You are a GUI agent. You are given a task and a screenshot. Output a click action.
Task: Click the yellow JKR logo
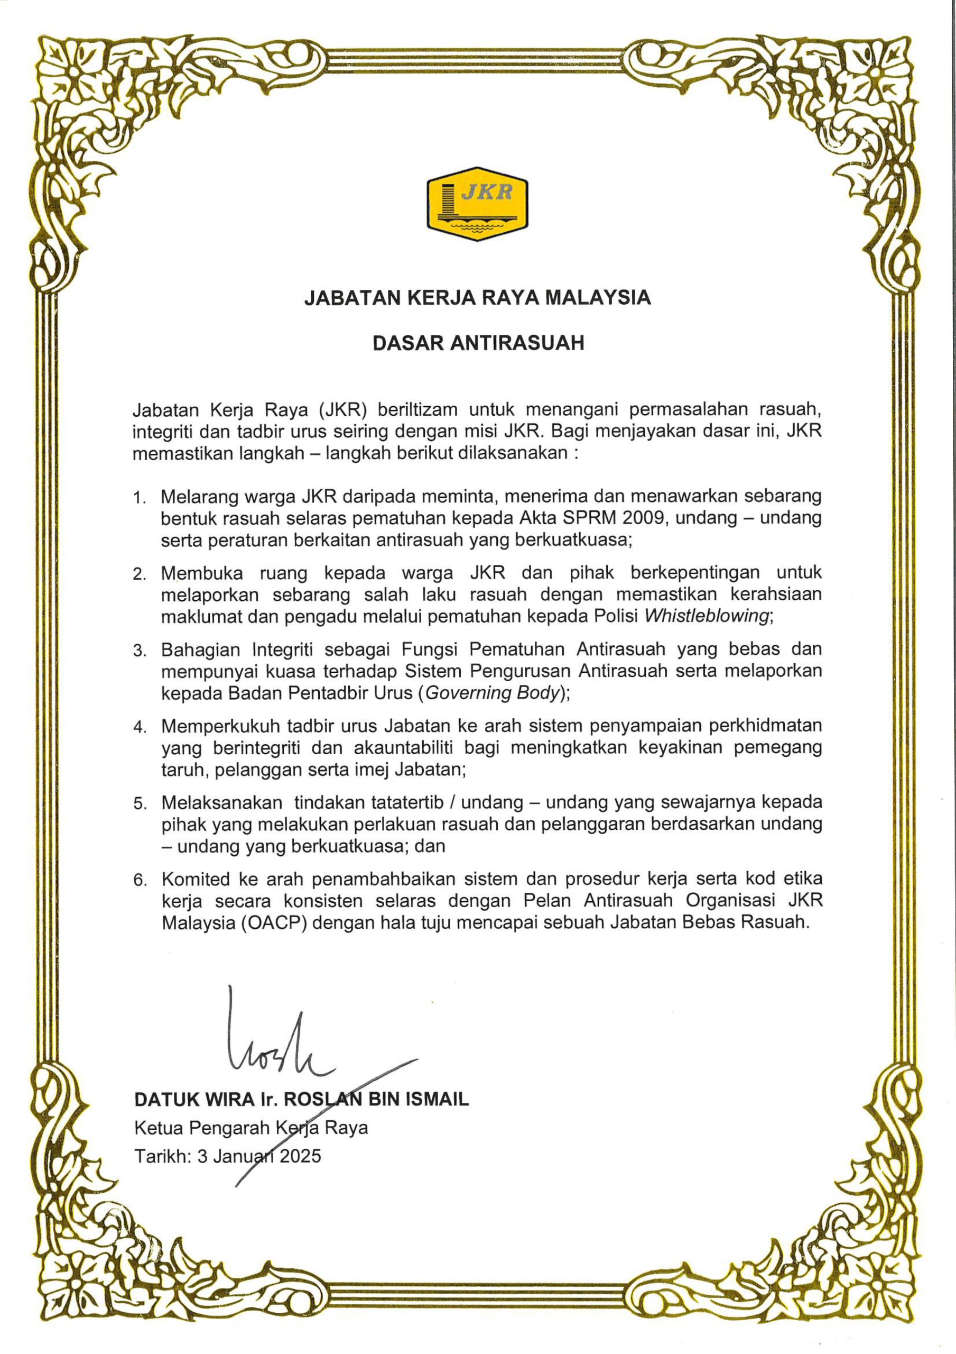coord(477,204)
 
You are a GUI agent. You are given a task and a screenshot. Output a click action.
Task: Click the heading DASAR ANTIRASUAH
coord(478,343)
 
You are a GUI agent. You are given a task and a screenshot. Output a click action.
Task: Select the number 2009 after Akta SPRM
coord(645,518)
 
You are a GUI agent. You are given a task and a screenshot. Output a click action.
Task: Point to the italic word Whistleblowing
coord(707,616)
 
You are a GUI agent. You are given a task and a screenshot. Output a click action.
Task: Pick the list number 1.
coord(138,498)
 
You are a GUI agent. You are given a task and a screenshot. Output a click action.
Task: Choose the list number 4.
coord(139,728)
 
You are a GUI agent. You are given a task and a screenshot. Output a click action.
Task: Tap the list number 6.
coord(140,881)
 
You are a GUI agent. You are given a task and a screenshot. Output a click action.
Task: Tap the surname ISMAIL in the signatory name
coord(437,1099)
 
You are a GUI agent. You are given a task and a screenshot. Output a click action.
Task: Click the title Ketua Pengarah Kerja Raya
coord(251,1128)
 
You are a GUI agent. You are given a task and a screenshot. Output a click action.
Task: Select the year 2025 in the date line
coord(300,1156)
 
